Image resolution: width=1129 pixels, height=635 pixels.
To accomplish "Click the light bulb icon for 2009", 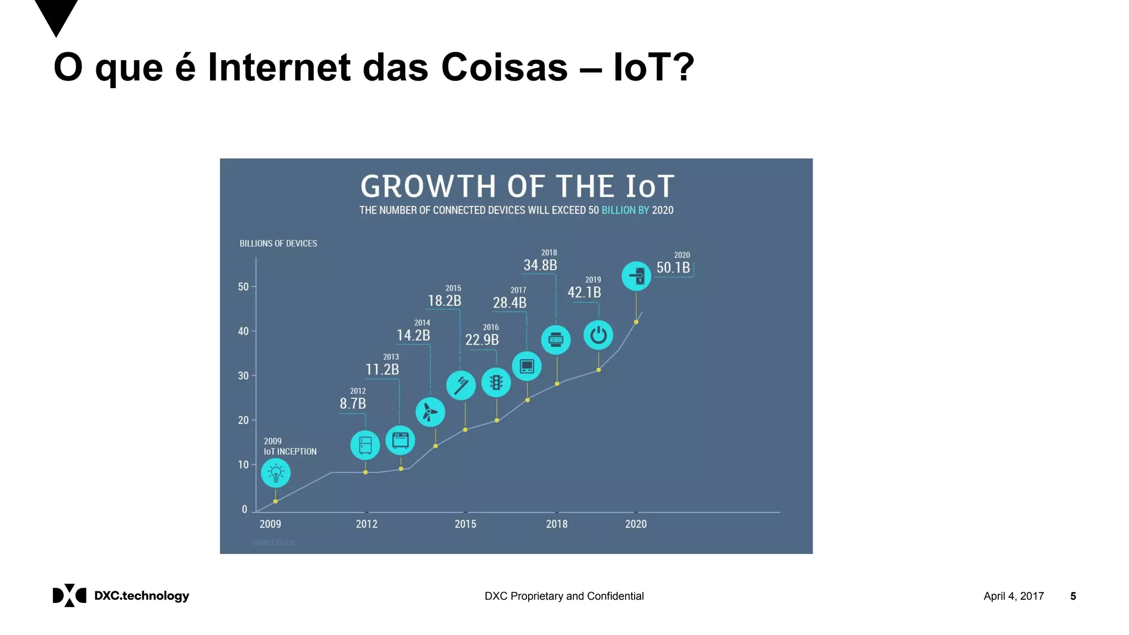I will [276, 473].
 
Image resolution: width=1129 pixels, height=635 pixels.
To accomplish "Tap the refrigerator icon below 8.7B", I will [365, 445].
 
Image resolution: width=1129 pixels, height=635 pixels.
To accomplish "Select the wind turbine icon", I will [430, 412].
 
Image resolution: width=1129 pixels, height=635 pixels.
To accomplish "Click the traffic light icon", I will [496, 383].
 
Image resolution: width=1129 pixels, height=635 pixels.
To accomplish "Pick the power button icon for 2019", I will [598, 335].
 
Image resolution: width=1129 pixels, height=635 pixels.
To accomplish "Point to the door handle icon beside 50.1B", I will [636, 276].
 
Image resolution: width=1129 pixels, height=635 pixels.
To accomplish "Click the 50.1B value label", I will [673, 268].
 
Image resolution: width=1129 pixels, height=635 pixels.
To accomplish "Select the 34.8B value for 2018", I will [540, 266].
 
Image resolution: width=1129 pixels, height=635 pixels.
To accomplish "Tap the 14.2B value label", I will [413, 336].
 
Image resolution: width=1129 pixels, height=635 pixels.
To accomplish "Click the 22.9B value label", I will [482, 340].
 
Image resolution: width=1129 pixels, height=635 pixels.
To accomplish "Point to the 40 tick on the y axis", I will [243, 331].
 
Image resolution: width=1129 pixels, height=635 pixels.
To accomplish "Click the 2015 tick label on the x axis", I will [465, 524].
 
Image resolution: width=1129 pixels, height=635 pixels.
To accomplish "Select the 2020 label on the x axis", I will [636, 524].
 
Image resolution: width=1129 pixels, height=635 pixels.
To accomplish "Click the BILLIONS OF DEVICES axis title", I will [278, 244].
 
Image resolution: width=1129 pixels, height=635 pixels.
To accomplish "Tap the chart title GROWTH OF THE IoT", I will [517, 186].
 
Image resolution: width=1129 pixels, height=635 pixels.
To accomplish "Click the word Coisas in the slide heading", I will [504, 67].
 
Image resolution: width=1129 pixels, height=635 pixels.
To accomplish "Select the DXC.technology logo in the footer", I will [121, 596].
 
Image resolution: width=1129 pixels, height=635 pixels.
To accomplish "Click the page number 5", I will [1073, 596].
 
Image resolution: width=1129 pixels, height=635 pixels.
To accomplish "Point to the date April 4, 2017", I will [1013, 596].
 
